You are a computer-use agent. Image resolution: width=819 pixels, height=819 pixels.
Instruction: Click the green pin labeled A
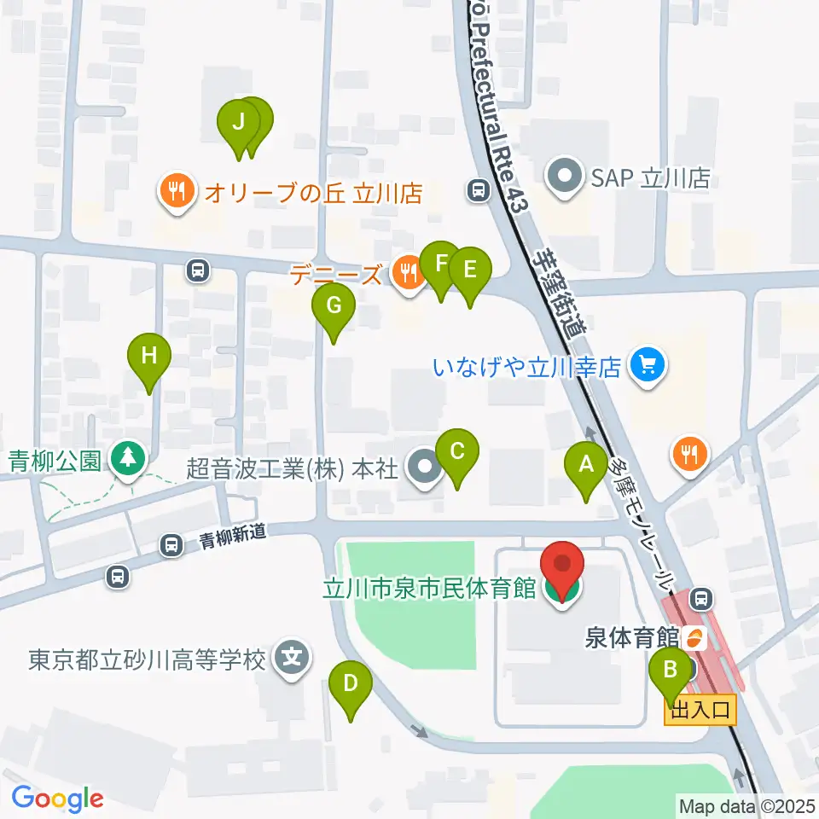(x=586, y=465)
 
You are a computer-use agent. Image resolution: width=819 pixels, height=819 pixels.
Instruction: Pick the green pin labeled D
(x=351, y=683)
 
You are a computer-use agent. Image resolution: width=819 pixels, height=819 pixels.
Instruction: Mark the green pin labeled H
(x=149, y=355)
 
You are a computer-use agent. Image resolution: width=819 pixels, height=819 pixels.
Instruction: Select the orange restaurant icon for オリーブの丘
(x=177, y=192)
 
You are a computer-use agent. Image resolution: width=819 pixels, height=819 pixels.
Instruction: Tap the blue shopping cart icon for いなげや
(x=647, y=367)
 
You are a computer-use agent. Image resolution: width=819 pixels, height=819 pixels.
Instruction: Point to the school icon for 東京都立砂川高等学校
(x=292, y=659)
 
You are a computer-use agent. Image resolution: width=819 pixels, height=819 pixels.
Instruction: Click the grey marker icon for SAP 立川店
(x=563, y=178)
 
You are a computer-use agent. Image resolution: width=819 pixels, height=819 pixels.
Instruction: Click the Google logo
(x=57, y=799)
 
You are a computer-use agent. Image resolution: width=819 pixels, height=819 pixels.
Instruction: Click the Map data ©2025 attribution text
(x=746, y=805)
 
